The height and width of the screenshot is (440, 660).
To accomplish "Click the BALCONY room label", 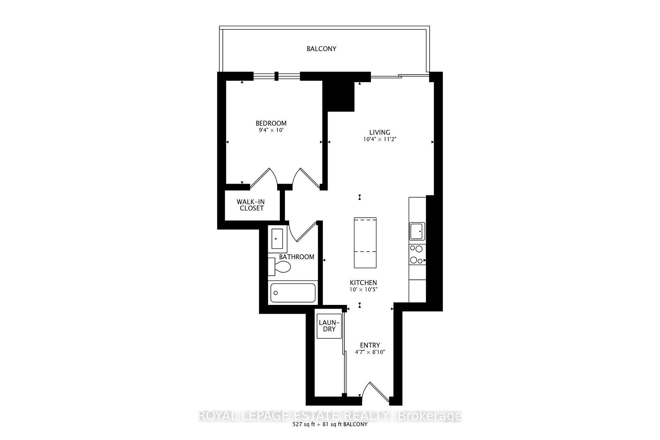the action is click(321, 49).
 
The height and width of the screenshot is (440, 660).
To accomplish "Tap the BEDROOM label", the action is click(271, 123).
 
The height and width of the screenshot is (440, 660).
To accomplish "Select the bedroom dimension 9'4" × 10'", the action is click(271, 130).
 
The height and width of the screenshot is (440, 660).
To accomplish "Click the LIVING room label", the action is click(380, 132).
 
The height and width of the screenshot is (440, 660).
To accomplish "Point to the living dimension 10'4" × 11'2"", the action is click(380, 139).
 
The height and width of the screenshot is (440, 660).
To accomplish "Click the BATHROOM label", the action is click(297, 257).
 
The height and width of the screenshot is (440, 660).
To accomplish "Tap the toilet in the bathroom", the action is click(279, 266).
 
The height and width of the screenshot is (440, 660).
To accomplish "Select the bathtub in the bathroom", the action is click(293, 293).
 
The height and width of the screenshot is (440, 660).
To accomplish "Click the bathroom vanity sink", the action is click(277, 238).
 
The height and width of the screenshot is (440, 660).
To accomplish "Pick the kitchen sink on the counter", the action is click(417, 231).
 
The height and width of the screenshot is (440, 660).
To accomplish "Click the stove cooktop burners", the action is click(417, 254).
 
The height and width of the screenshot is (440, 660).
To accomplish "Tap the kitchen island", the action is click(365, 242).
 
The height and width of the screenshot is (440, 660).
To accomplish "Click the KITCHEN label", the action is click(363, 283).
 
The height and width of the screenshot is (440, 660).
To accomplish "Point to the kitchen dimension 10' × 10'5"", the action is click(363, 289).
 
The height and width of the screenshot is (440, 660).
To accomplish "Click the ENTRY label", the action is click(370, 345).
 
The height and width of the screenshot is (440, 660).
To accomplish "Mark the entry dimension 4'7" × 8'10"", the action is click(370, 352).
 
